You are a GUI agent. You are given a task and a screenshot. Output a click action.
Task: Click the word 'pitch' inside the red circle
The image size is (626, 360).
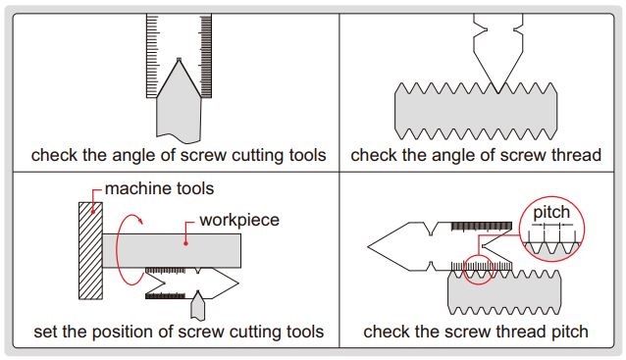pyautogui.click(x=551, y=213)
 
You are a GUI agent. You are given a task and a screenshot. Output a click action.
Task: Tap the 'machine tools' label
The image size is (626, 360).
pyautogui.click(x=159, y=188)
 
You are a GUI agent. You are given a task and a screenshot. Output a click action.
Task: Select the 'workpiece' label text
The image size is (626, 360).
pyautogui.click(x=239, y=221)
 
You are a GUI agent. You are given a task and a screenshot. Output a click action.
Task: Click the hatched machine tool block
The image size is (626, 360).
pyautogui.click(x=90, y=251)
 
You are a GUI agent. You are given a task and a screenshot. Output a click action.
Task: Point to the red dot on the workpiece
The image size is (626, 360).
pyautogui.click(x=185, y=243)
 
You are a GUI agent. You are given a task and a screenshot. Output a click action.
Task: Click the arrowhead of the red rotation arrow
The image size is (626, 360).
pyautogui.click(x=139, y=220)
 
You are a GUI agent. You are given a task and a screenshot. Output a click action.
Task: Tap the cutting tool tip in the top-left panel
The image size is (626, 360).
pyautogui.click(x=179, y=60)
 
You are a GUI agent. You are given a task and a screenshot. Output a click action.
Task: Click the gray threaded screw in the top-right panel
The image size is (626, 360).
pyautogui.click(x=476, y=112)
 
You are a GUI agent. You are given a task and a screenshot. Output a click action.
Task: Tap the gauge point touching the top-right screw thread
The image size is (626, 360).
pyautogui.click(x=497, y=92)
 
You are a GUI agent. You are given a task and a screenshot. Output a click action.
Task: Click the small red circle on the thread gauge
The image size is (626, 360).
pyautogui.click(x=478, y=270)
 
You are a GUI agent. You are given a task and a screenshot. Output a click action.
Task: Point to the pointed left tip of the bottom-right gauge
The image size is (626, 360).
pyautogui.click(x=369, y=246)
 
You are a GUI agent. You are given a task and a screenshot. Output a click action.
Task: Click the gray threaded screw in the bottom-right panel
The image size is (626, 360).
pyautogui.click(x=504, y=292)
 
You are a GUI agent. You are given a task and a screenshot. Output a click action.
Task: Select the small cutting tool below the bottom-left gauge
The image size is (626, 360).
pyautogui.click(x=197, y=306)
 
